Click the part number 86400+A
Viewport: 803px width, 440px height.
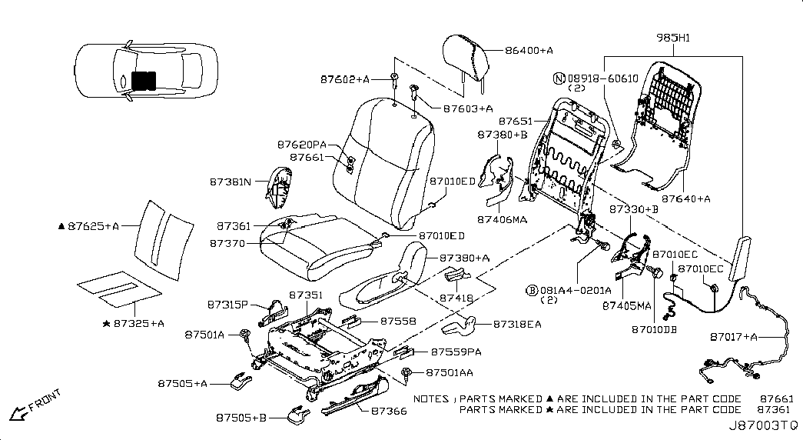point(529,50)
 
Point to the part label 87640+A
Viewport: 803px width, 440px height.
point(685,198)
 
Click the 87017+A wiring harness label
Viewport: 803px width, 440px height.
point(734,336)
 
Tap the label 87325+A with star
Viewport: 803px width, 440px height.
point(134,323)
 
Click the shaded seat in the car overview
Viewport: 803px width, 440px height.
point(142,80)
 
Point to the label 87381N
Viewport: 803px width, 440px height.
point(230,182)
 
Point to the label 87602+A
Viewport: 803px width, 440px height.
point(345,79)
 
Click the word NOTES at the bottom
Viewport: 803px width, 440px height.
point(431,399)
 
